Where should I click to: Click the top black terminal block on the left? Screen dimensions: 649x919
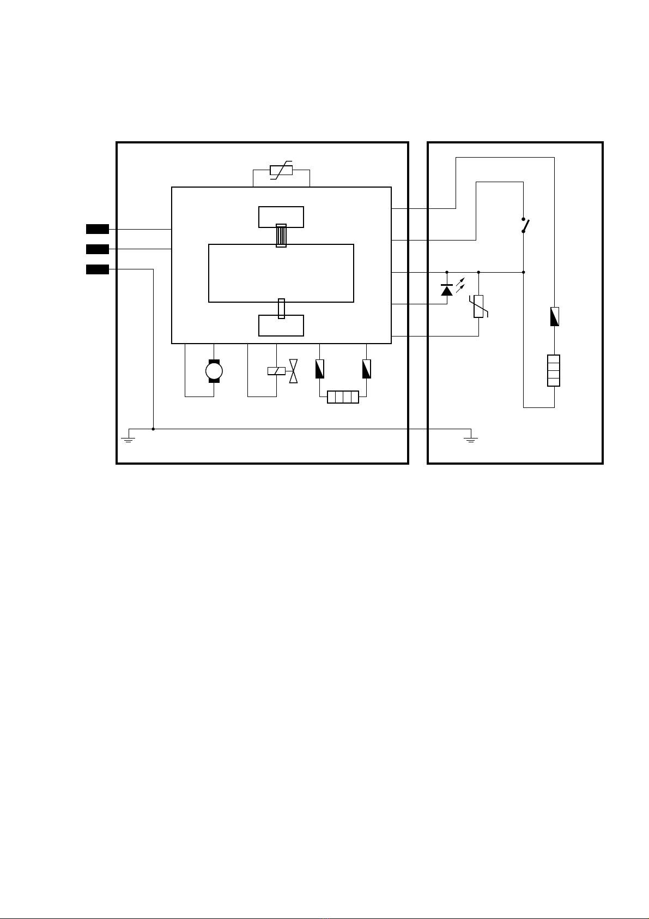[98, 229]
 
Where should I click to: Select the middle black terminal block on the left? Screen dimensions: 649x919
[98, 249]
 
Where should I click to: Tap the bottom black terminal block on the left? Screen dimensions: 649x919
[98, 269]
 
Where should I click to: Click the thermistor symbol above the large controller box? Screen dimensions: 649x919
[281, 171]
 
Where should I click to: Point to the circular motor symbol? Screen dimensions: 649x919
[214, 371]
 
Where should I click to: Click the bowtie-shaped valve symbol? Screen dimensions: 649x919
[294, 371]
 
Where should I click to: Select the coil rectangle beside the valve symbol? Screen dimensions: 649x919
[276, 371]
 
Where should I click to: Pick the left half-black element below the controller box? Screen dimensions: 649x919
[320, 369]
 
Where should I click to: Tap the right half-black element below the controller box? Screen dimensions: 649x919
[367, 369]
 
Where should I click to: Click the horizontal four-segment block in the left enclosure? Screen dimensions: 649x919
[343, 397]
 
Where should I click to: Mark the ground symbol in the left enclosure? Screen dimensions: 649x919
[129, 437]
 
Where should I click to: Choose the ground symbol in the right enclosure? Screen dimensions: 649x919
[471, 437]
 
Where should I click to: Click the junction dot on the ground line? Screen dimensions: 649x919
[153, 429]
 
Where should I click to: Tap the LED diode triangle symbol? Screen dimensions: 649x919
[447, 290]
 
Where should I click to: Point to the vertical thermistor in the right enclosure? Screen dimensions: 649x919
[478, 306]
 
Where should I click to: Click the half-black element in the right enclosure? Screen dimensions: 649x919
[554, 317]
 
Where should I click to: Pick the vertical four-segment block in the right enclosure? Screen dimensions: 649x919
[554, 370]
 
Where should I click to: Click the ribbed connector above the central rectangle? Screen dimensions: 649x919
[281, 236]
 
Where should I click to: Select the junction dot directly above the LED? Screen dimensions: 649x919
[447, 272]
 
